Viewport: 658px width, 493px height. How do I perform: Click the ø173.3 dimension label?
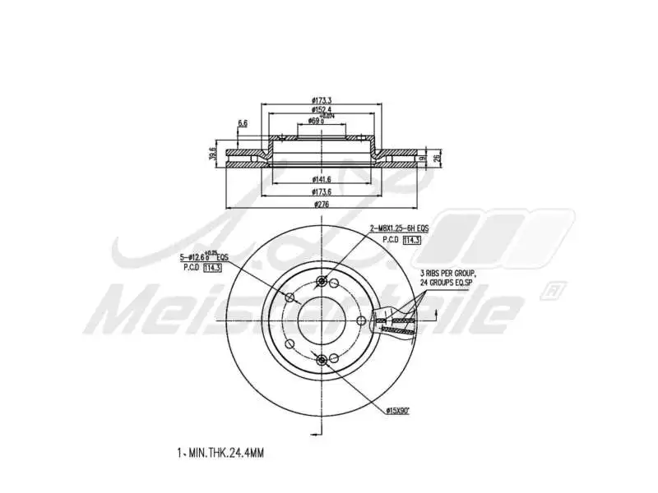tap(321, 99)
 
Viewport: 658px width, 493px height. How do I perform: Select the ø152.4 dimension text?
tap(321, 109)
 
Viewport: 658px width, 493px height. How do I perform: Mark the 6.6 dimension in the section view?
tap(243, 123)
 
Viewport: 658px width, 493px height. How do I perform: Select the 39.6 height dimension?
tap(213, 154)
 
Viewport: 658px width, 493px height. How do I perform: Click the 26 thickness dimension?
tap(438, 155)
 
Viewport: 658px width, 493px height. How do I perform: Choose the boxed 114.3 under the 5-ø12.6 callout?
tap(213, 268)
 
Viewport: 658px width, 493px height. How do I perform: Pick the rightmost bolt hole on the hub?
tap(360, 320)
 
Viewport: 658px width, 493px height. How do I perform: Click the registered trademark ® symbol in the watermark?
tap(557, 290)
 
